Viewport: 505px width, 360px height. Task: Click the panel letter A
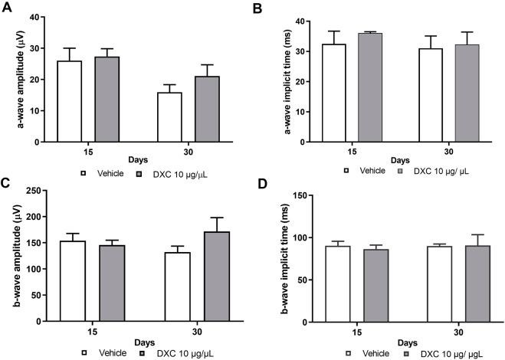coord(6,6)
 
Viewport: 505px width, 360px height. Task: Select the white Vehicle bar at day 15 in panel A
coord(70,102)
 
